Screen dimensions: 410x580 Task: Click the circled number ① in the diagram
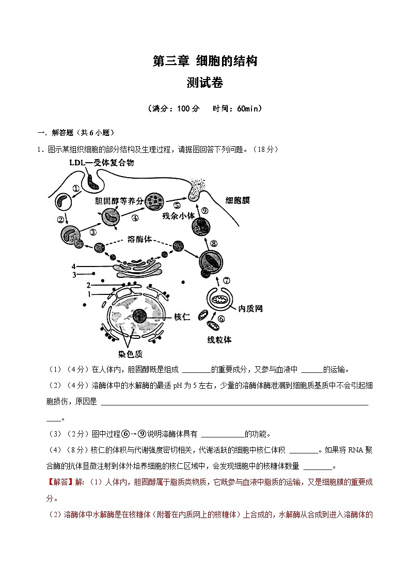point(76,189)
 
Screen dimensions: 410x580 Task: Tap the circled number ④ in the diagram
point(135,217)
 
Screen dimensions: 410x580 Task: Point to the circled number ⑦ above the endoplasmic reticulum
point(226,280)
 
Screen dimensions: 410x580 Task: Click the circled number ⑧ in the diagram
point(213,244)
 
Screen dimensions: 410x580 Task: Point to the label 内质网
point(250,308)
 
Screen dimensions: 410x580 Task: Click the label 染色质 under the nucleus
point(130,354)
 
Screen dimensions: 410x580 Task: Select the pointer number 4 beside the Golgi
point(74,267)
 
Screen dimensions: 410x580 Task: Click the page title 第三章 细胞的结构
point(204,61)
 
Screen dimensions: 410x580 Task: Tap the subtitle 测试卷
point(204,83)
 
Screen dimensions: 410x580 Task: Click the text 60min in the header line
point(249,108)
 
